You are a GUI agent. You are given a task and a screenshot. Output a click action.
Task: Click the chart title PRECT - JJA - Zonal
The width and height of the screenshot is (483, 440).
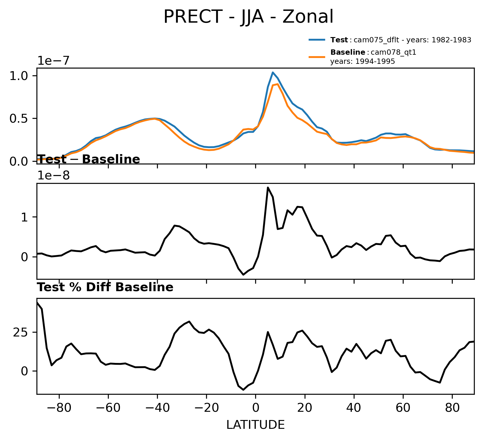248,17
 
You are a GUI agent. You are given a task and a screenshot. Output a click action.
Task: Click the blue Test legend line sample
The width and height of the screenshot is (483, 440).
317,40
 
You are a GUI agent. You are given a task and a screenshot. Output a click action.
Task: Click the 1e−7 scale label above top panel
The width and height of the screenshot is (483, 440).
53,61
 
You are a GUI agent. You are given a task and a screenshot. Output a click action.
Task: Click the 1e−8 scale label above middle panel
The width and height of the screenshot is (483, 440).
53,176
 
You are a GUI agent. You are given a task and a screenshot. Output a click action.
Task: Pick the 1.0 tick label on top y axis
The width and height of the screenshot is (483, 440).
19,76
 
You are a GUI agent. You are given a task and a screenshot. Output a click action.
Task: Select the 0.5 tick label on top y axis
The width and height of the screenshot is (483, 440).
19,119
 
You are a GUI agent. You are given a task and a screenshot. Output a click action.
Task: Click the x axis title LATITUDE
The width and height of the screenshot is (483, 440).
255,425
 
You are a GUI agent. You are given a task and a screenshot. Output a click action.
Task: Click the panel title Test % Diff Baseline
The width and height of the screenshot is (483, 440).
105,287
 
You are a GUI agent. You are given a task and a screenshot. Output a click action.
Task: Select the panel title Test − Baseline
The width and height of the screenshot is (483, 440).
89,159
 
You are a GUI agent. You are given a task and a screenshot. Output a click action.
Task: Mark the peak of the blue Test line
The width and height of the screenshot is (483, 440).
273,72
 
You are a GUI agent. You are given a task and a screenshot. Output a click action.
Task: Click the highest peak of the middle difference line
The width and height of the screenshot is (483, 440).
268,187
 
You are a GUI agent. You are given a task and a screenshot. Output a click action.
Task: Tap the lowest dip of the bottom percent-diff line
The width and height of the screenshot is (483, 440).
243,390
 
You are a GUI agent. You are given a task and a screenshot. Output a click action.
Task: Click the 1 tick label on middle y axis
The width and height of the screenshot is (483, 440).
25,217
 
